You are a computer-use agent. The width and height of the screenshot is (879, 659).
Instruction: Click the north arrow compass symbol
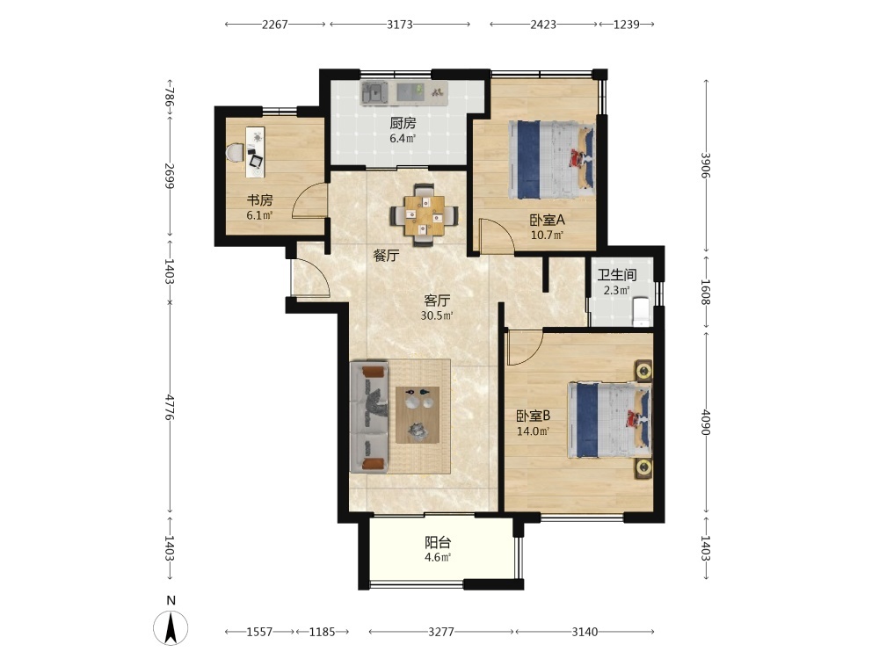point(171,627)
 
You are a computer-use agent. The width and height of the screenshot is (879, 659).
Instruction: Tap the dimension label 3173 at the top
point(400,24)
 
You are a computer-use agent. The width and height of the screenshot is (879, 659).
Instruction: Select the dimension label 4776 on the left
point(170,408)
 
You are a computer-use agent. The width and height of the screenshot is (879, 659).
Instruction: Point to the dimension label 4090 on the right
point(706,422)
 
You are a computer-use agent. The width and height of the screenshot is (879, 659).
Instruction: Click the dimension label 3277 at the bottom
point(440,632)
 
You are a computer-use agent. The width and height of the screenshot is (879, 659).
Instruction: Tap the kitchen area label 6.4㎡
point(403,138)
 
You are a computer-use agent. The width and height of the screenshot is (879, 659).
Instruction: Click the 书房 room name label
point(259,200)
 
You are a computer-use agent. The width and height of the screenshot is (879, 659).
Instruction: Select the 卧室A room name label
point(547,221)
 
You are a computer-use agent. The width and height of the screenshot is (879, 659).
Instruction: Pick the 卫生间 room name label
point(617,275)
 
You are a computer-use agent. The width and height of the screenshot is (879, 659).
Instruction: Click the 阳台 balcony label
point(438,542)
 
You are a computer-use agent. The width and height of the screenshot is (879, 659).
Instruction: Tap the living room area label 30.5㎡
point(437,315)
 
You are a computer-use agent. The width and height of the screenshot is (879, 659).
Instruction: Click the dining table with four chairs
point(425,214)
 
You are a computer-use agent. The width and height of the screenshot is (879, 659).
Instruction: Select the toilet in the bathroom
point(640,312)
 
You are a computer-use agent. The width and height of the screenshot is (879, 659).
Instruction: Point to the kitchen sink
point(374,92)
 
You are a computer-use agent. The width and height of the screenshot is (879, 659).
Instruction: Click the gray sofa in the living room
point(369,417)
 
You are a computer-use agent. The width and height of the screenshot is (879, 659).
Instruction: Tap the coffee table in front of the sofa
point(418,415)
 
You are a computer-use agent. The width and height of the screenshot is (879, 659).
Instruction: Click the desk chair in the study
point(235,152)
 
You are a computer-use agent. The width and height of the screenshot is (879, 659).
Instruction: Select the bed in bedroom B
point(609,420)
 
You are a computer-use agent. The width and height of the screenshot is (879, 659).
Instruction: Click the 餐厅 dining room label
point(386,256)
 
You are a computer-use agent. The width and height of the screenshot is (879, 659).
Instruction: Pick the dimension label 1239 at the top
point(626,24)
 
